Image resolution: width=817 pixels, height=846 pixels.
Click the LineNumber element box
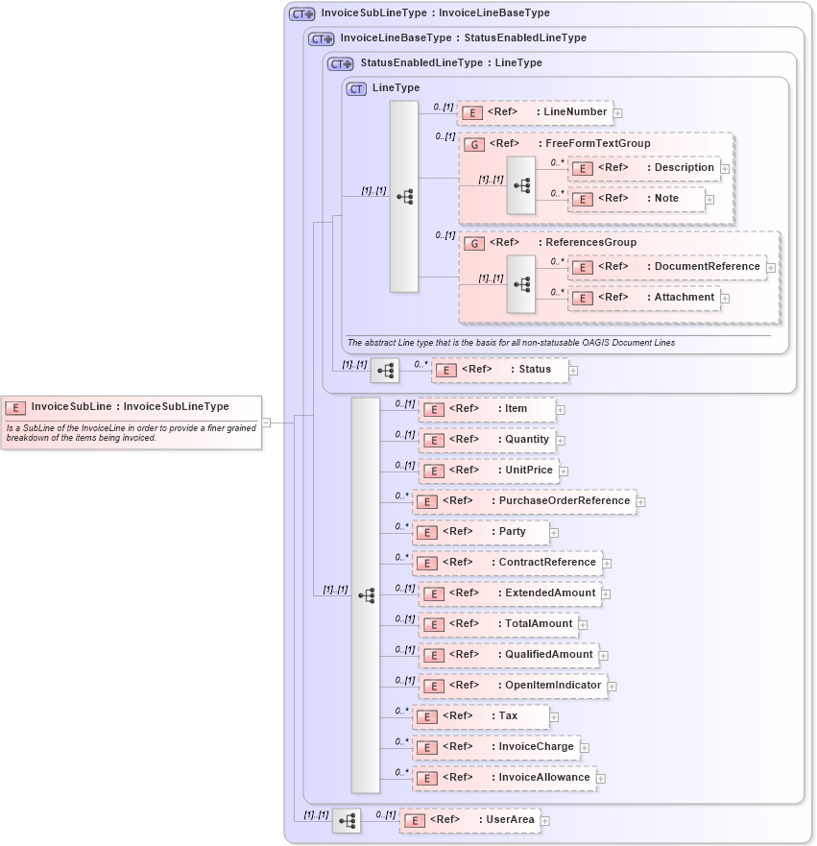pyautogui.click(x=535, y=112)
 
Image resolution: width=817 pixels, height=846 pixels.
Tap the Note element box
pyautogui.click(x=637, y=199)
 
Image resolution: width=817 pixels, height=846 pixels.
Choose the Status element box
pyautogui.click(x=499, y=370)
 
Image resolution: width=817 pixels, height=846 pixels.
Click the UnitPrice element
pyautogui.click(x=488, y=471)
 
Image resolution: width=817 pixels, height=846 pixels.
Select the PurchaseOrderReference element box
pyautogui.click(x=523, y=501)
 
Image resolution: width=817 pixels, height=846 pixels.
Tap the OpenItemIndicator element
pyautogui.click(x=513, y=686)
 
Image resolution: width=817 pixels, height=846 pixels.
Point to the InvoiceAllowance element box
pyautogui.click(x=503, y=778)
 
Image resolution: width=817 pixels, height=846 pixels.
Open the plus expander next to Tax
pyautogui.click(x=555, y=716)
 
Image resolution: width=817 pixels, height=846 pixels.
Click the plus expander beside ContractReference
pyautogui.click(x=607, y=564)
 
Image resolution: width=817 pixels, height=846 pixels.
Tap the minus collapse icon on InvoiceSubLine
pyautogui.click(x=266, y=422)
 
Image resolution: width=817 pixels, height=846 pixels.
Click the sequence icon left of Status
pyautogui.click(x=385, y=370)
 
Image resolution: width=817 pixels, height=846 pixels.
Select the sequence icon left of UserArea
pyautogui.click(x=347, y=820)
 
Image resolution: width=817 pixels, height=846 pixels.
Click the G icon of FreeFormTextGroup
pyautogui.click(x=474, y=144)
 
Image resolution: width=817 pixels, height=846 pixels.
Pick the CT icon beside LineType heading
pyautogui.click(x=356, y=88)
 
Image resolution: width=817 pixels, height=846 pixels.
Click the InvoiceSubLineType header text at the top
pyautogui.click(x=435, y=14)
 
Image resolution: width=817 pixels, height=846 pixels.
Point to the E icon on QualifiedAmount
pyautogui.click(x=433, y=656)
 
